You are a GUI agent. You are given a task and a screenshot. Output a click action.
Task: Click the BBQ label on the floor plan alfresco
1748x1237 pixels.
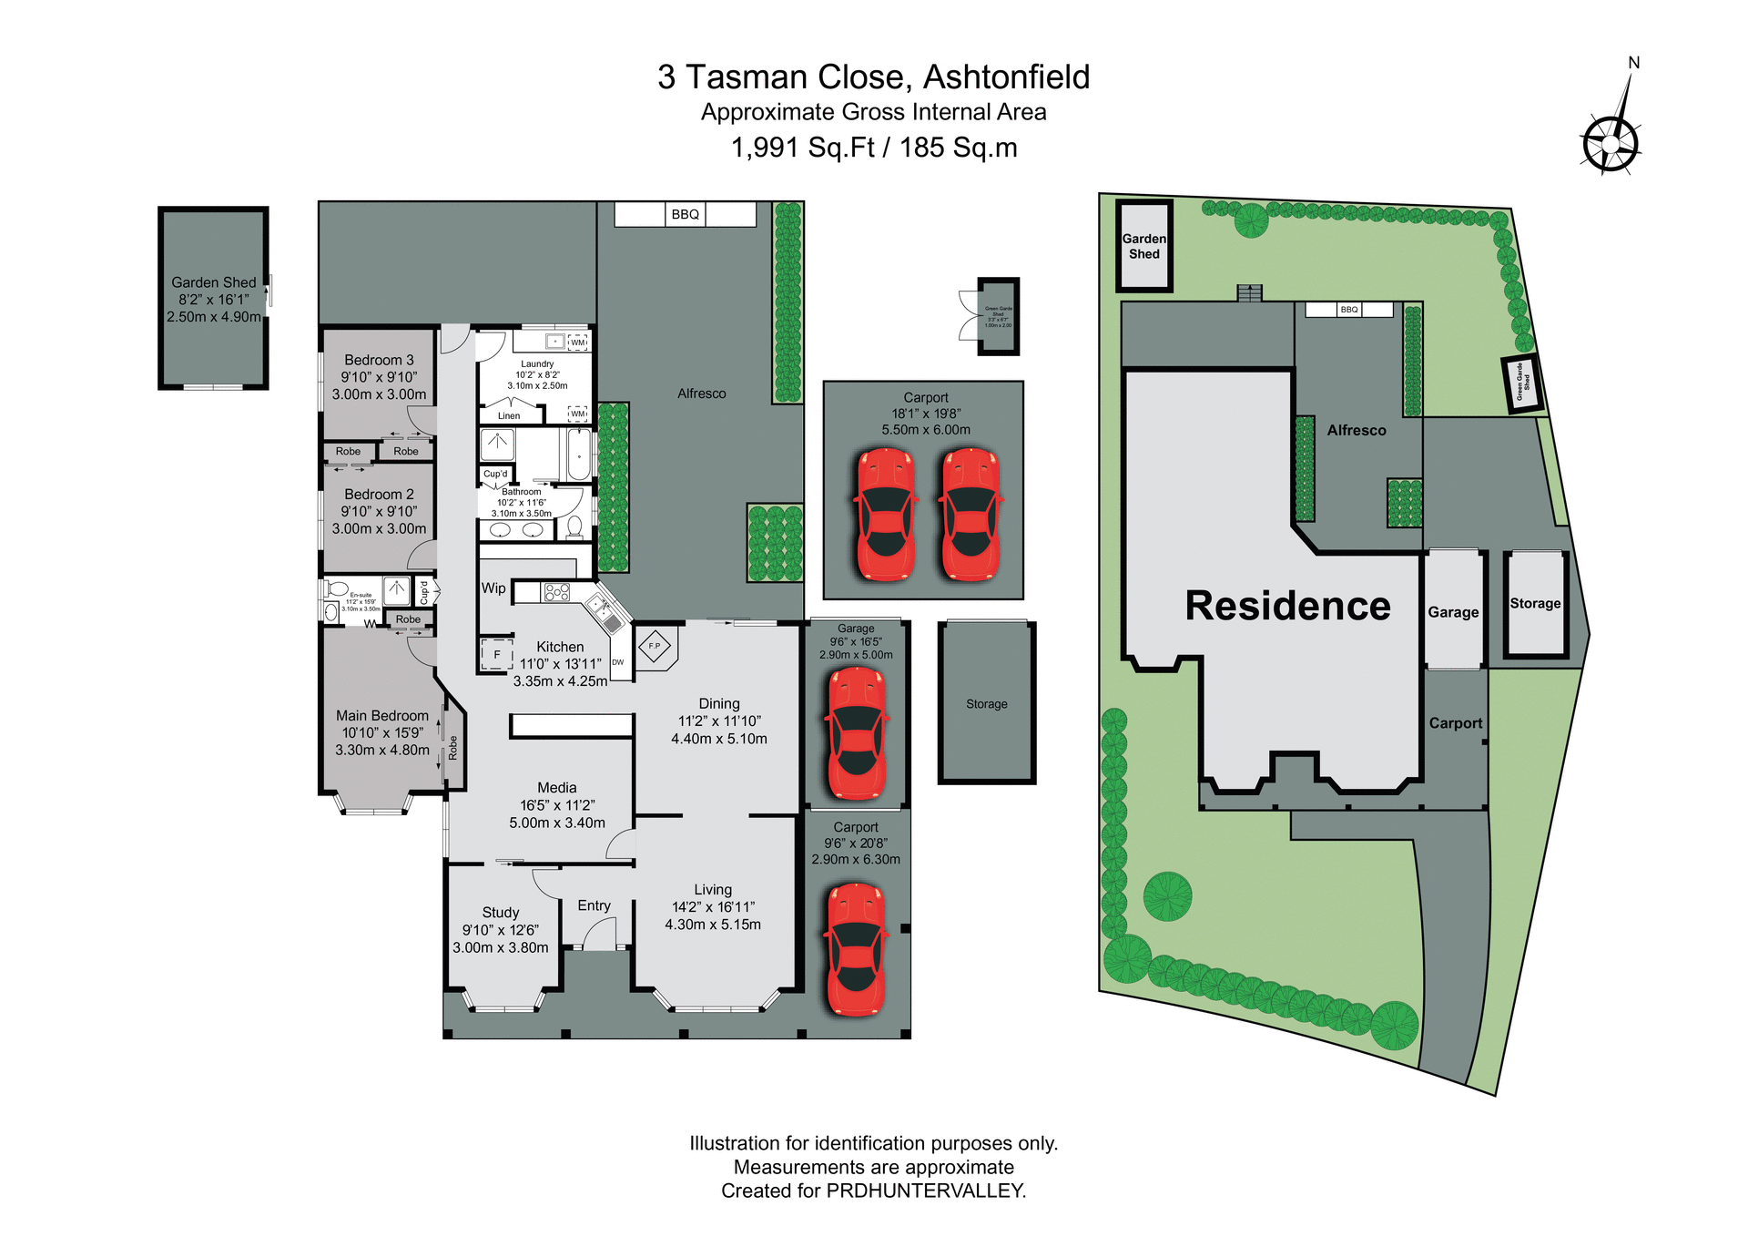tap(685, 214)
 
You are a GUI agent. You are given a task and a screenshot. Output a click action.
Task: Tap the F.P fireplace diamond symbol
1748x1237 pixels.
tap(654, 647)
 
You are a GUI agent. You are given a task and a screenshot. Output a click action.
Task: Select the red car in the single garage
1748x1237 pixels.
tap(856, 733)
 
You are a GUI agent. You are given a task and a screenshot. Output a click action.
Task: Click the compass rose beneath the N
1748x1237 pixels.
tap(1610, 144)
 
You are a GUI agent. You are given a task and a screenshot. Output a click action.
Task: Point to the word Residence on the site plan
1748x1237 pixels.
tap(1287, 606)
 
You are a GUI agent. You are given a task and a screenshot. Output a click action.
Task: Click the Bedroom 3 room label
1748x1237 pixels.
tap(379, 360)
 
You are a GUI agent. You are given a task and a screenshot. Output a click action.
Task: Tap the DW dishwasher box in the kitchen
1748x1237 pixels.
tap(618, 663)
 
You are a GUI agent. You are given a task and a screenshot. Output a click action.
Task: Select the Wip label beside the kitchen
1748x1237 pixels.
tap(493, 588)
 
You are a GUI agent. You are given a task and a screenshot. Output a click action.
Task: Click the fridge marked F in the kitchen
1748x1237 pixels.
tap(496, 654)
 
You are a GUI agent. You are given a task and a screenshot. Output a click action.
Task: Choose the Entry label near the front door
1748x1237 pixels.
tap(594, 905)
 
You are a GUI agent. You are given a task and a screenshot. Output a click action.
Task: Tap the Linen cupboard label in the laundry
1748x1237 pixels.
tap(509, 416)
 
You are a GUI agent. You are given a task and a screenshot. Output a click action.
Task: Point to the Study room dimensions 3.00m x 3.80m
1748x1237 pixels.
tap(501, 947)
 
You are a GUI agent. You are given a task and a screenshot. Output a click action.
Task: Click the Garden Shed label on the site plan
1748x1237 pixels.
tap(1143, 246)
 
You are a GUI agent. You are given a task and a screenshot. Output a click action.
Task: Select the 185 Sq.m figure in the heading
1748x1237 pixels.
tap(959, 148)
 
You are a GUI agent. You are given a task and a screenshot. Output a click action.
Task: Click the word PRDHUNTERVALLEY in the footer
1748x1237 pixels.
tap(925, 1191)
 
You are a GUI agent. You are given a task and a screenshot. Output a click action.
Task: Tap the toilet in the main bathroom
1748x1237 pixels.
tap(574, 526)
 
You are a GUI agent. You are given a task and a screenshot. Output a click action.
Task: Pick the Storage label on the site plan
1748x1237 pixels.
tap(1535, 603)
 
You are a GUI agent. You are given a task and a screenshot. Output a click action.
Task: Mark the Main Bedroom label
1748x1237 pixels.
tap(381, 716)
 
